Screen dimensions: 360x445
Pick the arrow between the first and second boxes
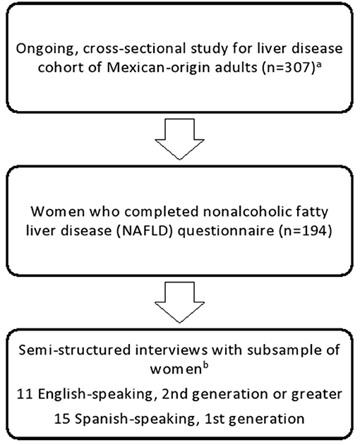coord(179,138)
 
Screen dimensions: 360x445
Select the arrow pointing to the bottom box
coord(179,302)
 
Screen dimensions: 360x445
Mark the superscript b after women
coord(205,365)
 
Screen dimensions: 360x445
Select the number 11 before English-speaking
coord(25,394)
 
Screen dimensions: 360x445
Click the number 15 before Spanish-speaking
coord(62,419)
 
